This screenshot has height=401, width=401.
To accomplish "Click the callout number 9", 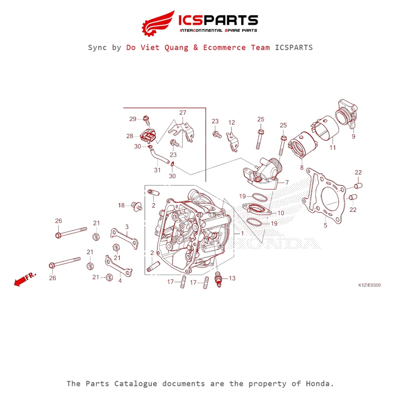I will [x=353, y=136].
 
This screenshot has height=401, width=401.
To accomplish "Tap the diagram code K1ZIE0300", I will [x=369, y=285].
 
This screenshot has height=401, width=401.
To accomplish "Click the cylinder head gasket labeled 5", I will [x=325, y=198].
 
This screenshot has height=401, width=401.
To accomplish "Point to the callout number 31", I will [x=157, y=170].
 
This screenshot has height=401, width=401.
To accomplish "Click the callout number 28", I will [x=130, y=136].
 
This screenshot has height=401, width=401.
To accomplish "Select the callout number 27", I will [x=183, y=113].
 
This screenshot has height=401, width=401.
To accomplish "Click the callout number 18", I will [x=121, y=205].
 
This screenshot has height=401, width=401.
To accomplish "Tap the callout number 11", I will [x=332, y=148].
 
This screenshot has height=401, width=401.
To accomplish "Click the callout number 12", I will [x=231, y=123].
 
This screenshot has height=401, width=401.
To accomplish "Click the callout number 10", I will [x=281, y=213].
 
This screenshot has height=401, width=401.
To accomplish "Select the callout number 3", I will [x=127, y=227].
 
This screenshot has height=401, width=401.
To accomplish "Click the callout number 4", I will [x=120, y=280].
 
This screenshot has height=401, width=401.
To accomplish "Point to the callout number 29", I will [x=133, y=119].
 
